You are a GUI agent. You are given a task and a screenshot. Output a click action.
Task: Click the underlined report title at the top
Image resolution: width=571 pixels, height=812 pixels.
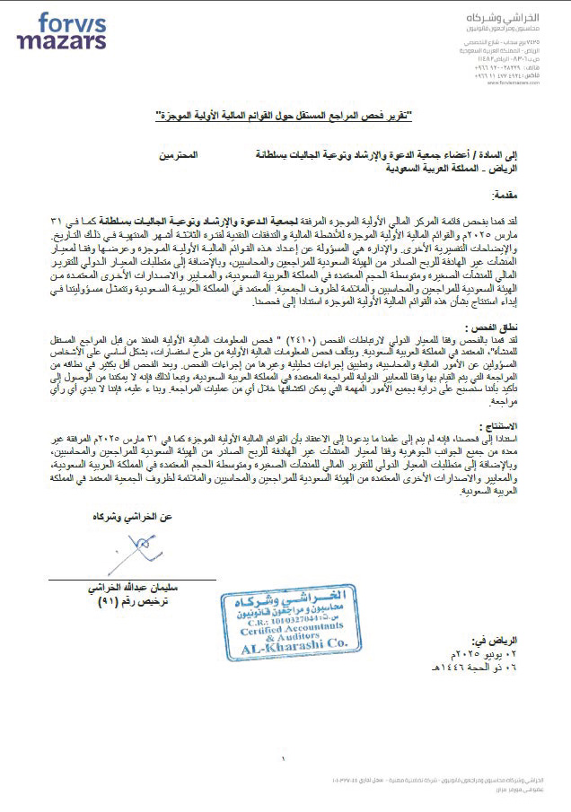[285, 117]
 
